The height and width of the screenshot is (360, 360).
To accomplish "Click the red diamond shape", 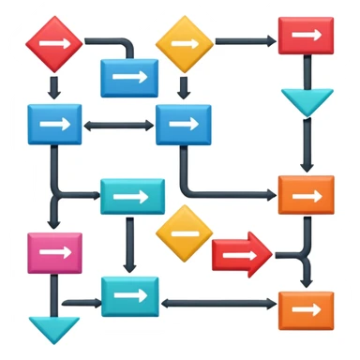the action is click(x=54, y=43).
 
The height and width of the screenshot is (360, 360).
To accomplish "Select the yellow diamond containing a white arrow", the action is click(x=185, y=42).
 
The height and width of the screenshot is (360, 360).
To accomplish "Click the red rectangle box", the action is click(x=306, y=36).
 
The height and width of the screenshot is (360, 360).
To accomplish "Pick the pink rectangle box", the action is click(x=54, y=253).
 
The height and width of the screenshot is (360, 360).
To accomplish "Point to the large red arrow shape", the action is click(x=241, y=253).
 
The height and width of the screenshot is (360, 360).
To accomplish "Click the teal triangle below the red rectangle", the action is click(x=307, y=100).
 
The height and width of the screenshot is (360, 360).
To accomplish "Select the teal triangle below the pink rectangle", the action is click(x=54, y=329).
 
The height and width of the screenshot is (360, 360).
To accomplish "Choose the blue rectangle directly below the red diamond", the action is click(x=54, y=125).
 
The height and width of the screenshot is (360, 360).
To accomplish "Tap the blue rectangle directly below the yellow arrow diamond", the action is click(x=184, y=125).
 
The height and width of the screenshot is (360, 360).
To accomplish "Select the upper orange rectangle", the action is click(x=306, y=195).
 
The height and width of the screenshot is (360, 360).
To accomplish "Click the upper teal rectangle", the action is click(x=132, y=197).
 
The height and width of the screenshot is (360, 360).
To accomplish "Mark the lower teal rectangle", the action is click(x=131, y=296).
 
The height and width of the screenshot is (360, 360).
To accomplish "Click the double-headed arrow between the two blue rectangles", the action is click(x=119, y=124).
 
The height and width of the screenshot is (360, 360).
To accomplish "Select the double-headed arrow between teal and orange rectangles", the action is click(x=219, y=304).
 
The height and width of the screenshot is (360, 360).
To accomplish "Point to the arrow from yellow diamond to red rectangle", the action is click(x=246, y=41).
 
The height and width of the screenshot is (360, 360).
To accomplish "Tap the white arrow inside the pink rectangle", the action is click(x=54, y=253).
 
